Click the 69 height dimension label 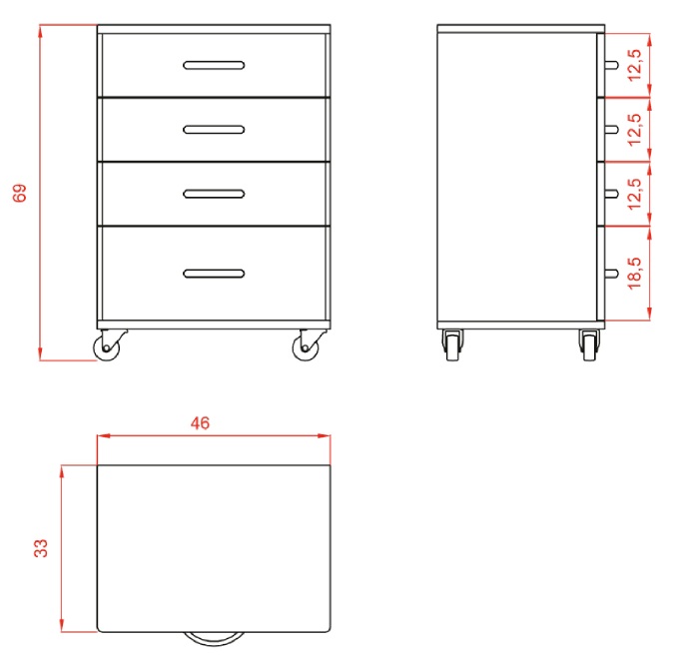[19, 193]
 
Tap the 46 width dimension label [200, 423]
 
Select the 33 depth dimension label [41, 548]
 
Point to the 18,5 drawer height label [634, 274]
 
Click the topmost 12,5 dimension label [634, 65]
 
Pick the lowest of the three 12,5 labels [634, 194]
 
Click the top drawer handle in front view [214, 65]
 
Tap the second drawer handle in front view [214, 130]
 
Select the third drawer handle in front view [214, 194]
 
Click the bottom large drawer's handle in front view [214, 274]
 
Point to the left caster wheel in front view [107, 346]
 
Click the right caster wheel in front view [307, 346]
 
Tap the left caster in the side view [452, 345]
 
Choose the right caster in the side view [589, 345]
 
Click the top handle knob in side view [612, 65]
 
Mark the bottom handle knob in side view [612, 274]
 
